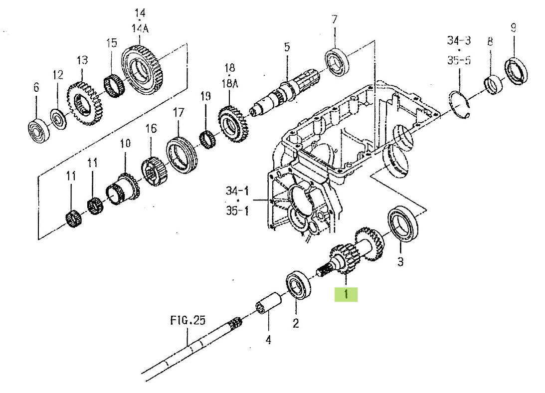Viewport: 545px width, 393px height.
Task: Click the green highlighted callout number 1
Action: point(346,294)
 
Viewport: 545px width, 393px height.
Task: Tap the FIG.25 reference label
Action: point(187,320)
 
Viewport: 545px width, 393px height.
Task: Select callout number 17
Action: point(179,113)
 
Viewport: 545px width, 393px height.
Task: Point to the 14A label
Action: point(140,28)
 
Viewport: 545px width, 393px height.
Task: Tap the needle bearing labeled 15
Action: point(115,86)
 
